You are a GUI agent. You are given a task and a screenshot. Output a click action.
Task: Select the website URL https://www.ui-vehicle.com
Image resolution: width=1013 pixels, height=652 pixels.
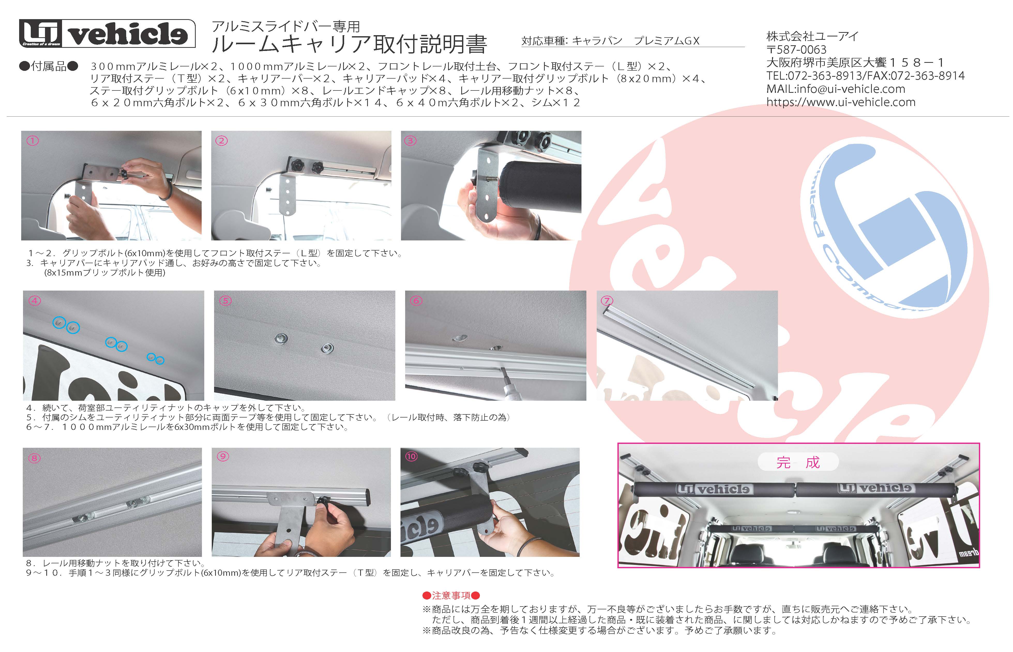tap(841, 102)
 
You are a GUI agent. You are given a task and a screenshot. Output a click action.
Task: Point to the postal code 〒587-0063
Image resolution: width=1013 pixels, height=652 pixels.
tap(796, 50)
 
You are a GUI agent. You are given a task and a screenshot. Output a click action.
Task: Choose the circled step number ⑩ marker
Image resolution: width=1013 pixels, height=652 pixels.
tap(411, 456)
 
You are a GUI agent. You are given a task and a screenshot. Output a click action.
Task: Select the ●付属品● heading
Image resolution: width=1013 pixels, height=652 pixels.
tap(49, 66)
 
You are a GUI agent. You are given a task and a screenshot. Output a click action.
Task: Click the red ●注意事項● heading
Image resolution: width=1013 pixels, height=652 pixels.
tap(451, 596)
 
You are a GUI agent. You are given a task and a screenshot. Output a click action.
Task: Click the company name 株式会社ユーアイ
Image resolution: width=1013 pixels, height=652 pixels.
tap(812, 36)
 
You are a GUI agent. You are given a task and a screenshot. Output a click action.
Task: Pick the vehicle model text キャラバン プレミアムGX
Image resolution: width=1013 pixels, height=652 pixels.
tap(636, 41)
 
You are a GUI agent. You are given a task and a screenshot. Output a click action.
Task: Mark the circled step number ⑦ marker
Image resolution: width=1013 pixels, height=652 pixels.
tap(607, 301)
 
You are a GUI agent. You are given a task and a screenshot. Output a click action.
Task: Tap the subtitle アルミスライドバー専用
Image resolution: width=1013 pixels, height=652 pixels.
tap(286, 26)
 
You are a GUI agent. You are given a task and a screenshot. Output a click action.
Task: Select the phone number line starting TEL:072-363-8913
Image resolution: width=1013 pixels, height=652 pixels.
tap(865, 76)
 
